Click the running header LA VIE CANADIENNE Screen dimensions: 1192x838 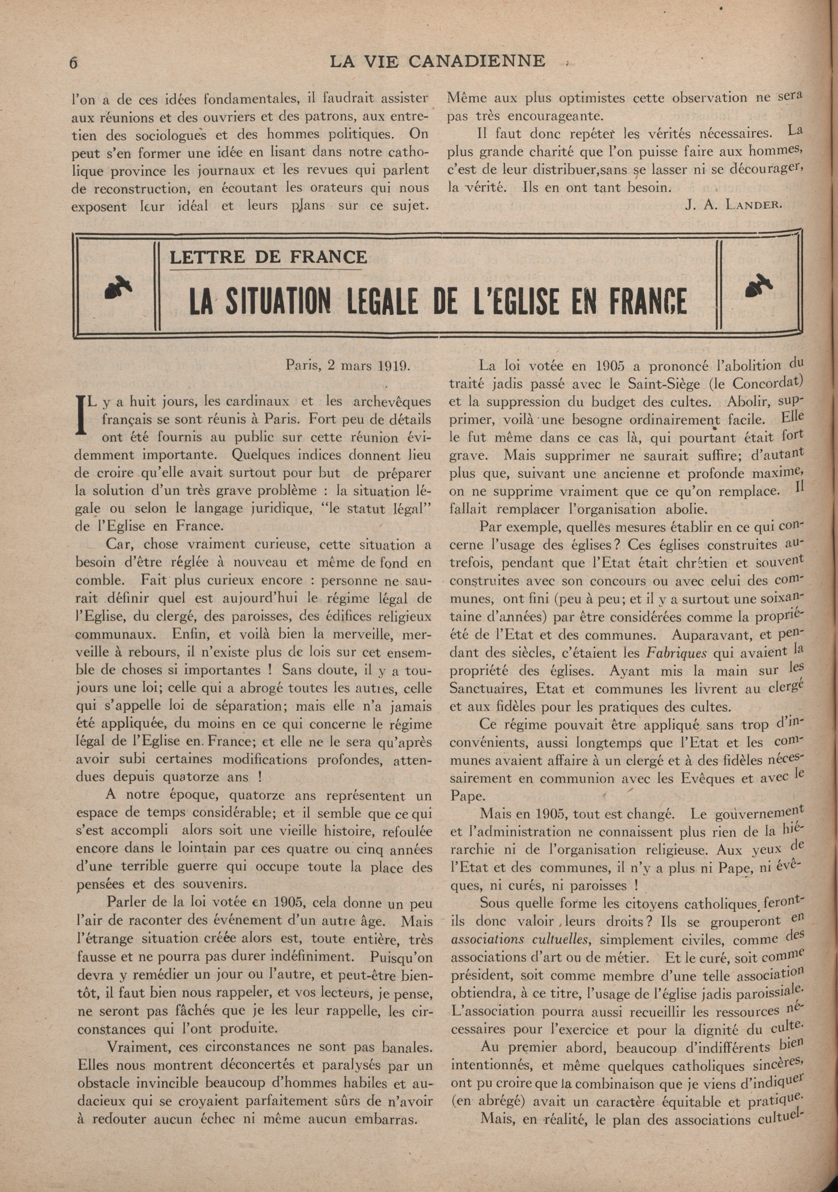click(438, 61)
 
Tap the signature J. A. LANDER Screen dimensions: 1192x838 click(733, 204)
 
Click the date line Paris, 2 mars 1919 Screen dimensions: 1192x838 click(348, 365)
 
